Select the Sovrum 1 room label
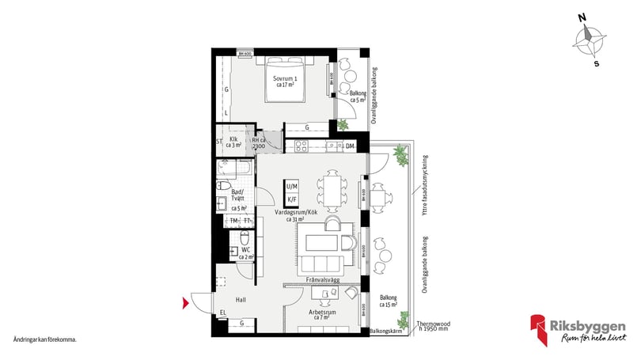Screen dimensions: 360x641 (286, 81)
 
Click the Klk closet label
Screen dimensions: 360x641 (234, 142)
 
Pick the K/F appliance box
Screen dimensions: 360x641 (292, 200)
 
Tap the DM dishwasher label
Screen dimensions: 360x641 (349, 146)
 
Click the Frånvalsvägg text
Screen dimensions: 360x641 (324, 280)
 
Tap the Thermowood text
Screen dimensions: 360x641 (434, 322)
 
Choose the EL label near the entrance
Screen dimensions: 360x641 (223, 313)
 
